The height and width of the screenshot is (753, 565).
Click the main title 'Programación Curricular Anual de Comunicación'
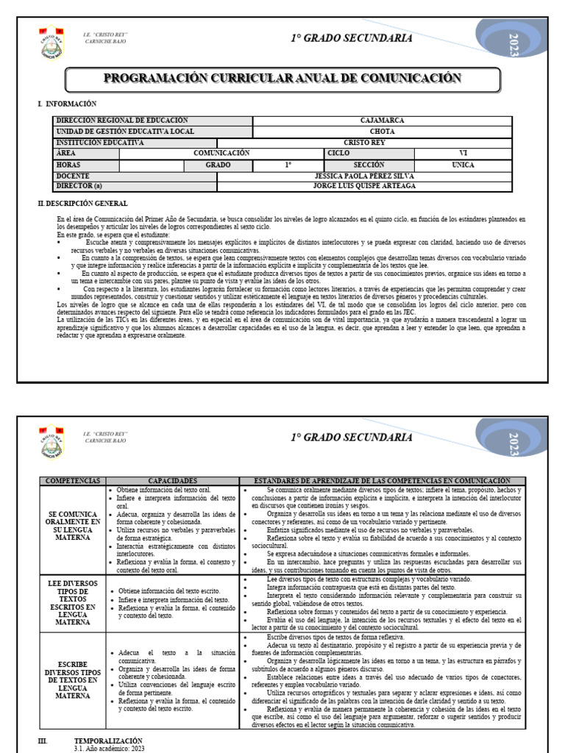(282, 79)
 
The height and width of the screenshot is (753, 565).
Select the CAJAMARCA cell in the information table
(383, 121)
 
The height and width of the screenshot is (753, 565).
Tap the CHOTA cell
(383, 132)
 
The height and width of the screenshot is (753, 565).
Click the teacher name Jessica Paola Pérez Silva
(363, 176)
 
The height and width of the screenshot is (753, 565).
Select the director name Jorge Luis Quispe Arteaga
(363, 186)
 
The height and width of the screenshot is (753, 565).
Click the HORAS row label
(68, 165)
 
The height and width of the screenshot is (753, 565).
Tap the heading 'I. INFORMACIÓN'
(67, 104)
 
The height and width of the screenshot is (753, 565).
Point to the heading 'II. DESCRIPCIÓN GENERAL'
(82, 203)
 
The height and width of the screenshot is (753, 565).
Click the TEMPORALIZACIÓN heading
(108, 740)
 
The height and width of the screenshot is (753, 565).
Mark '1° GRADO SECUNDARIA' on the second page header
(351, 437)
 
